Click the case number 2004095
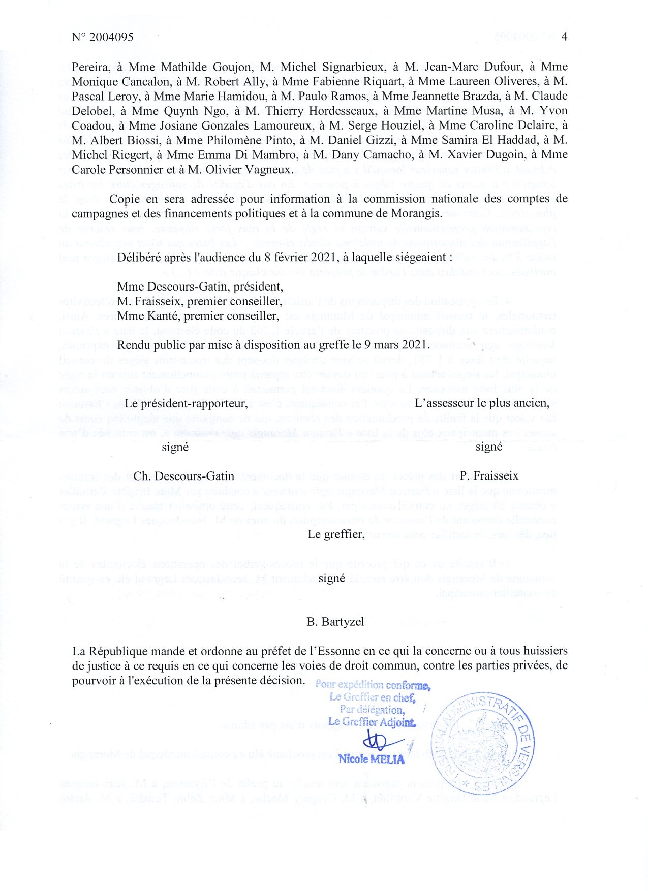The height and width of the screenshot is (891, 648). [x=110, y=37]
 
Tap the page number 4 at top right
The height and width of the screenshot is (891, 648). [x=564, y=37]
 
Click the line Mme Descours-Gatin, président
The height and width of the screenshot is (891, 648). [x=200, y=287]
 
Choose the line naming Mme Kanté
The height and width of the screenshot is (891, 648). [x=198, y=316]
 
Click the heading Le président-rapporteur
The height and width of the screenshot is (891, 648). [x=186, y=403]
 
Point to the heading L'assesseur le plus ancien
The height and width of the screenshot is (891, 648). [x=482, y=403]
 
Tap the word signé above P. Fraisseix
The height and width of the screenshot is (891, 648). [x=488, y=447]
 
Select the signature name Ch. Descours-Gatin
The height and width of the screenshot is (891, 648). [x=183, y=476]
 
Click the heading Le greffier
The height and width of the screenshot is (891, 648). [x=336, y=534]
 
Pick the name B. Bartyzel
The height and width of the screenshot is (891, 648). [x=335, y=622]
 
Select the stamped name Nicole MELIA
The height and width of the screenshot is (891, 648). [x=372, y=759]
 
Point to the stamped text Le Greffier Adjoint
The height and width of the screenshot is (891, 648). [x=372, y=722]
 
